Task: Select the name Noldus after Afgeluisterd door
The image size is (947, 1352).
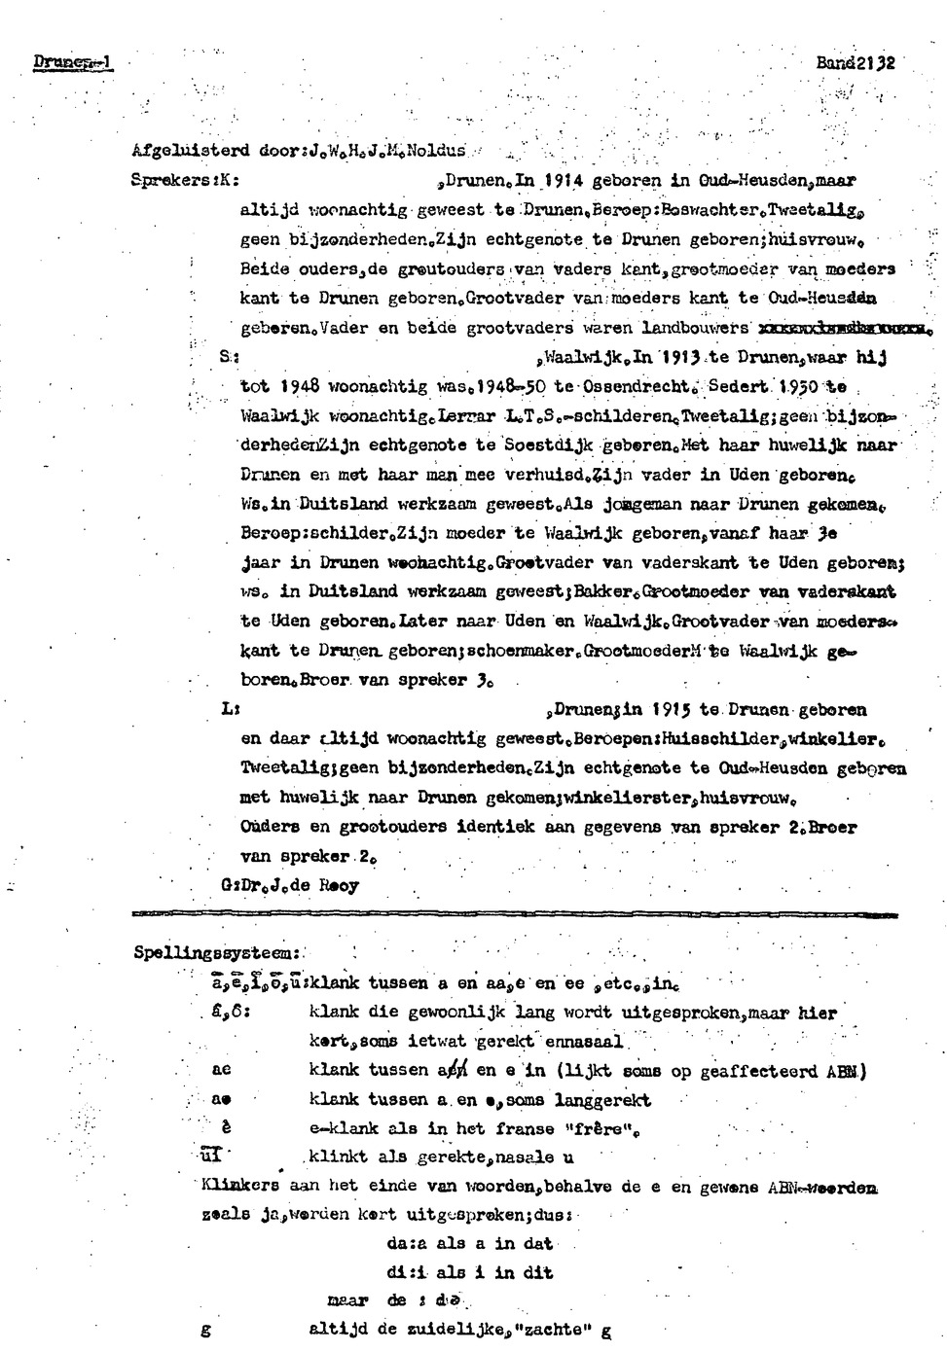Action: pyautogui.click(x=437, y=151)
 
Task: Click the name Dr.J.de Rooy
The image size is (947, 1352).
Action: pyautogui.click(x=302, y=886)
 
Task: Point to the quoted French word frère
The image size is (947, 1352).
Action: pyautogui.click(x=591, y=1129)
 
